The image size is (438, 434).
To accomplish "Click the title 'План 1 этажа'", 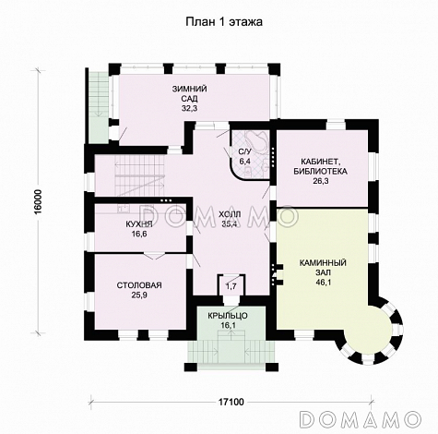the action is click(x=224, y=22).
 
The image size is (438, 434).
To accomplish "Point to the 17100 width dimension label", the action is click(x=231, y=402).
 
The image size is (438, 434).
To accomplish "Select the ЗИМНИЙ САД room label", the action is click(x=189, y=94).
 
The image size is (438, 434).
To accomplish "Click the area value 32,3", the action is click(x=189, y=108).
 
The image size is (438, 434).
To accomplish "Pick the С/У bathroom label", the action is click(x=245, y=151).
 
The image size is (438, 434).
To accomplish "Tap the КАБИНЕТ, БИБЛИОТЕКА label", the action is click(x=320, y=166).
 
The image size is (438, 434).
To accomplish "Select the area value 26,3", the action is click(x=321, y=181).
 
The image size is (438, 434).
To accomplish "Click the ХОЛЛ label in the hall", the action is click(x=230, y=214).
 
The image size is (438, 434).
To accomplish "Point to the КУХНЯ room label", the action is click(x=139, y=224).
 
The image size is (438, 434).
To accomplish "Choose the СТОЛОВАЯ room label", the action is click(x=139, y=285).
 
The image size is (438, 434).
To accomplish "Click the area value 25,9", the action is click(x=139, y=295).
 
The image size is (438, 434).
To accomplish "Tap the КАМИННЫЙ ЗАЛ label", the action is click(x=323, y=268).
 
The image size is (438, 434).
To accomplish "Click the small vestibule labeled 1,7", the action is click(x=231, y=285).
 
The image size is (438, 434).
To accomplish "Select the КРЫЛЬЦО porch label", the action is click(x=228, y=316).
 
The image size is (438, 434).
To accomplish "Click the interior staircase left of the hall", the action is click(x=139, y=175).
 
